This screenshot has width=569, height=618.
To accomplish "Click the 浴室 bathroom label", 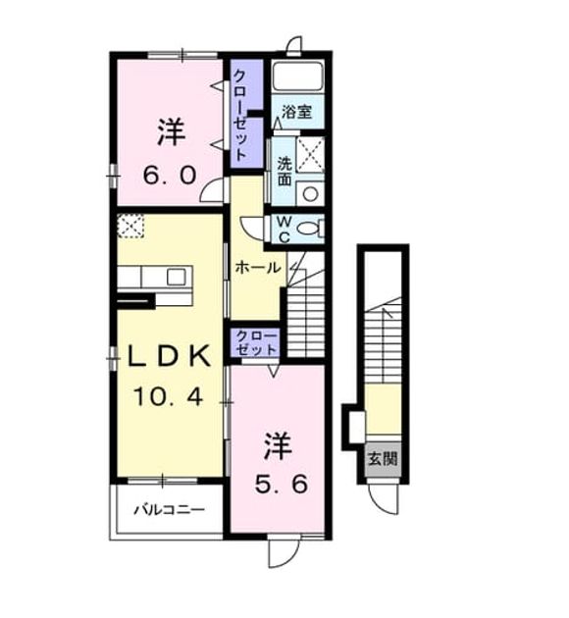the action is pos(296,112).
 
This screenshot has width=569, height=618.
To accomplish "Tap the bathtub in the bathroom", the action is pos(298,77).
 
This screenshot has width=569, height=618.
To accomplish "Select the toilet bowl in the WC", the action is pos(310,229).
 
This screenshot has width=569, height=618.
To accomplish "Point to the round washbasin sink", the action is pos(310,193).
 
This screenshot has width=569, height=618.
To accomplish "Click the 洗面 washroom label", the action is pos(284,171).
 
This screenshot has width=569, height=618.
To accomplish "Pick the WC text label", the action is pos(284,230).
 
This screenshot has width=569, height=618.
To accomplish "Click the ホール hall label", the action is pos(258,268).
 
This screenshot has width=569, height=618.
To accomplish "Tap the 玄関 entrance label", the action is pos(383,459).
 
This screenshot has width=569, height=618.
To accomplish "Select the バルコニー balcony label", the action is pos(170,510).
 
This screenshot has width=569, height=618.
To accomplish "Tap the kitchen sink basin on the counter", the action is pos(177,277).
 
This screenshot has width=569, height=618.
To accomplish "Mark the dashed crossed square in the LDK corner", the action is pos(130,226).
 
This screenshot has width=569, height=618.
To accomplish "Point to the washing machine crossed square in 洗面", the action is pos(310,155).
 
